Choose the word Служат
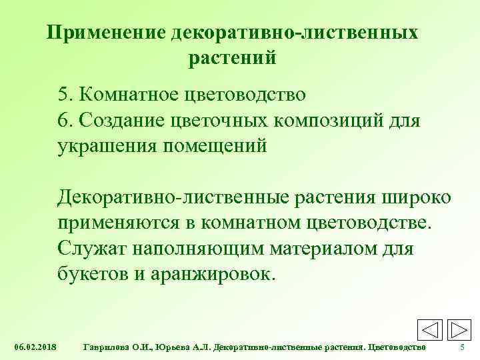pos(92,249)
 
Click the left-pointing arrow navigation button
pos(431,331)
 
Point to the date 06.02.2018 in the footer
pos(35,348)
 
